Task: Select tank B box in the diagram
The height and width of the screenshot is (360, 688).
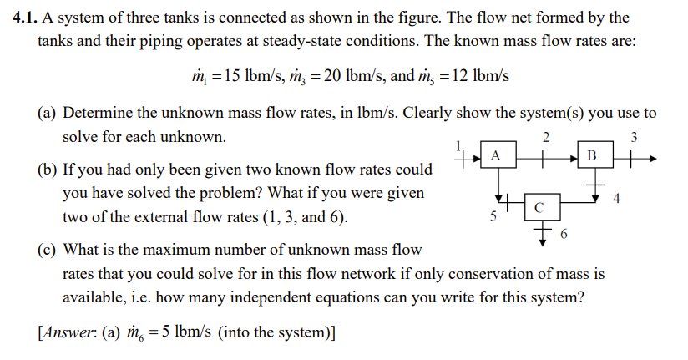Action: (x=593, y=155)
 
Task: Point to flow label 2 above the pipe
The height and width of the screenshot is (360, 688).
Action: (x=545, y=136)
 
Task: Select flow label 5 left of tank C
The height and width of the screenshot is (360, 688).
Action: (x=493, y=215)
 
